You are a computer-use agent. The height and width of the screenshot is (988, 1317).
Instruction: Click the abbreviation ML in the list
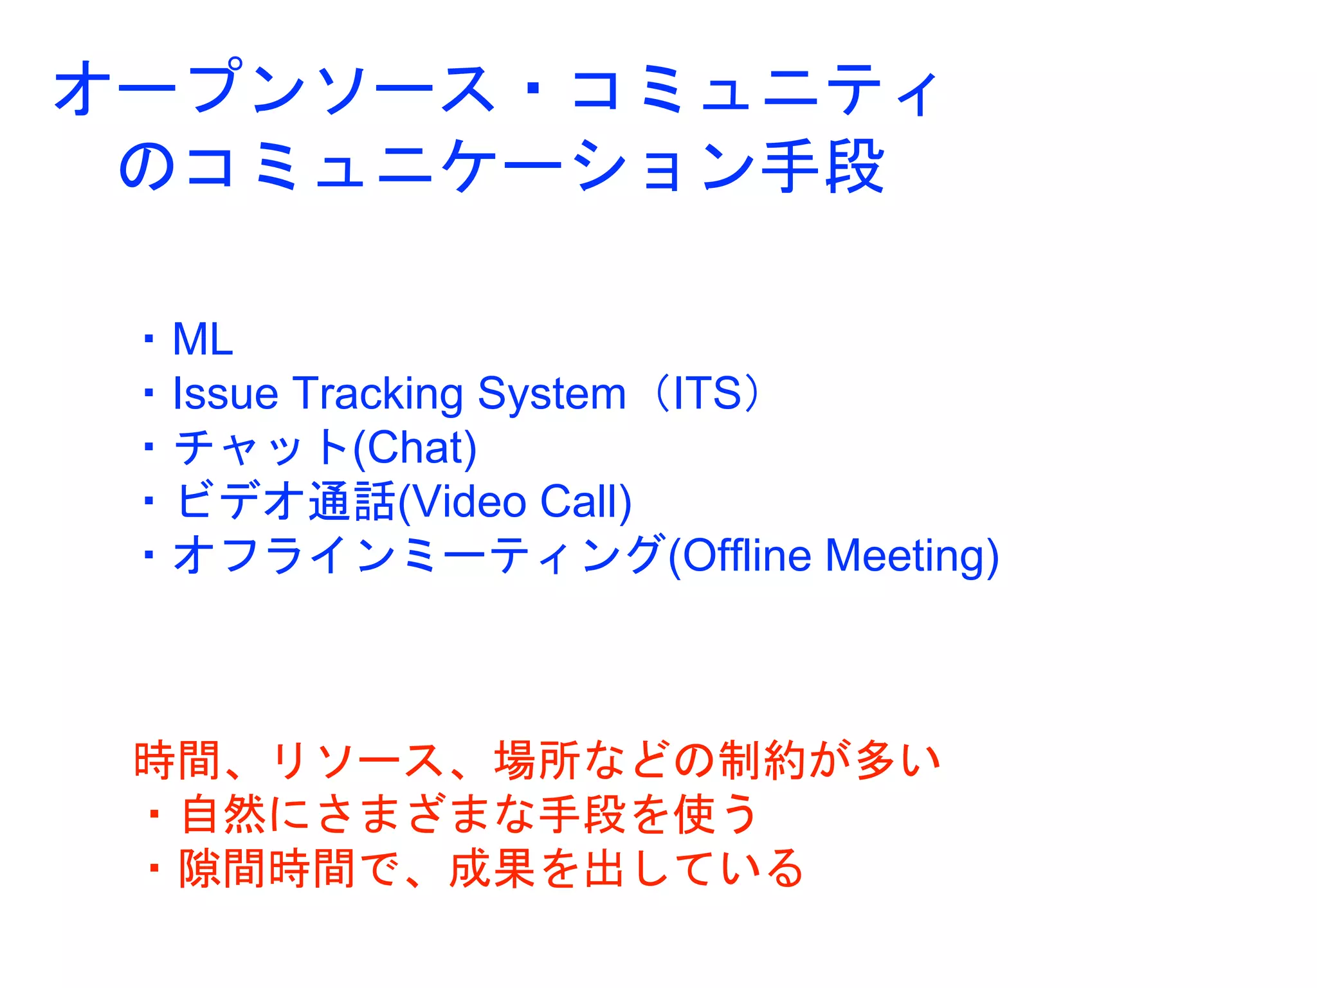click(203, 340)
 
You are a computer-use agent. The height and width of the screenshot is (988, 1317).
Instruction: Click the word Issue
click(225, 394)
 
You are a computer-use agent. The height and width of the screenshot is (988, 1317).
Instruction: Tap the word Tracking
click(378, 394)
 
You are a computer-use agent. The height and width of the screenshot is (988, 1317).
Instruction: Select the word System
click(552, 394)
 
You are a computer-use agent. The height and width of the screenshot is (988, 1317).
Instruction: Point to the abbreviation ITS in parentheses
click(707, 394)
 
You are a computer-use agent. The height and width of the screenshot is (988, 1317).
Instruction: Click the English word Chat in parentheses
click(415, 448)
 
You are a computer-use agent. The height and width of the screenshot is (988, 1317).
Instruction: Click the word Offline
click(747, 556)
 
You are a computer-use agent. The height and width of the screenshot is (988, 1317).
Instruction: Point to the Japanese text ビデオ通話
click(286, 502)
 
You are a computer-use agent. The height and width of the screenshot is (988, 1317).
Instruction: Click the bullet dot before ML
click(149, 340)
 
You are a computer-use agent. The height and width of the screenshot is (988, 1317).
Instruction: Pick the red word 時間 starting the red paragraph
click(176, 761)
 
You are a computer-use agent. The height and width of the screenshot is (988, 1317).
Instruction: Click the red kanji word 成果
click(492, 869)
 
